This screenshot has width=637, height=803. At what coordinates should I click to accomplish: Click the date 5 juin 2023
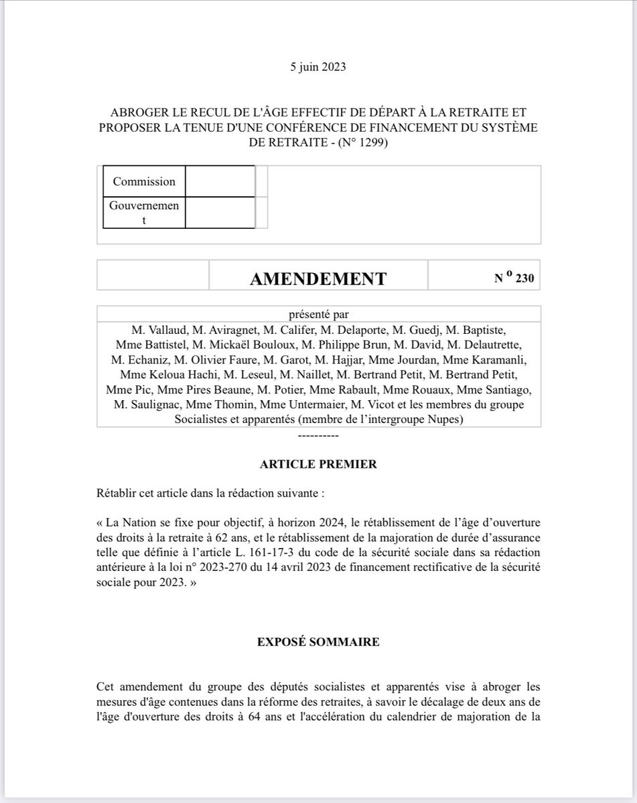pyautogui.click(x=318, y=67)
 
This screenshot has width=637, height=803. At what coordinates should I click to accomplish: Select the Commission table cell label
pyautogui.click(x=144, y=181)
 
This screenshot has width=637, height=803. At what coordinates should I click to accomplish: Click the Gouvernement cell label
pyautogui.click(x=144, y=213)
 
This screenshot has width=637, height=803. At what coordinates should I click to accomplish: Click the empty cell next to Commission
pyautogui.click(x=220, y=181)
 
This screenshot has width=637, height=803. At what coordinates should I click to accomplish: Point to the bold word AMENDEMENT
pyautogui.click(x=318, y=278)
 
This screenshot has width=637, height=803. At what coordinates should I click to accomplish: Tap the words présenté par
pyautogui.click(x=318, y=315)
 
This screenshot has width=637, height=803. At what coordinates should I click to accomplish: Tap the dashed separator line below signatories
pyautogui.click(x=318, y=435)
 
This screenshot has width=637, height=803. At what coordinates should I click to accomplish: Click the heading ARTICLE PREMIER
pyautogui.click(x=318, y=464)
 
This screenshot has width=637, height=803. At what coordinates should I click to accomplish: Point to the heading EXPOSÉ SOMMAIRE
pyautogui.click(x=318, y=642)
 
